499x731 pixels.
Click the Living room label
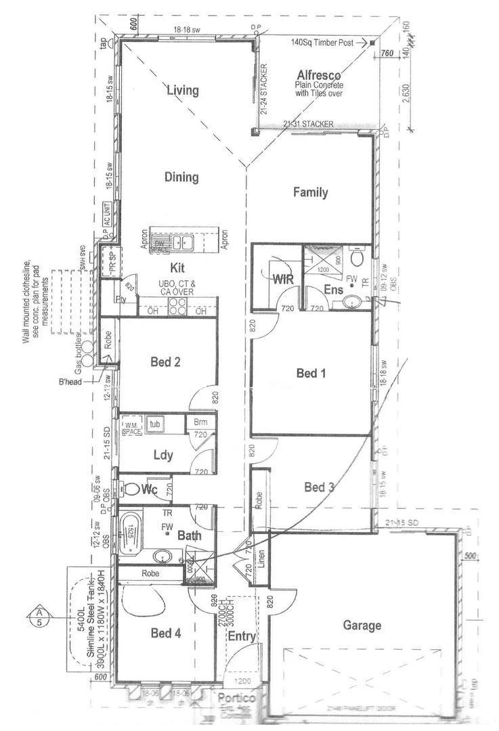pos(183,90)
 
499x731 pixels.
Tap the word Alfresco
pos(318,75)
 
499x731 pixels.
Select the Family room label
pos(310,192)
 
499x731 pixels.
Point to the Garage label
pos(362,625)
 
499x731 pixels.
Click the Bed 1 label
pos(311,372)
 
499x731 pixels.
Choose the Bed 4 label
pos(165,633)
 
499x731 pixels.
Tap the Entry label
pos(241,636)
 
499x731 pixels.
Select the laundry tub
pos(156,424)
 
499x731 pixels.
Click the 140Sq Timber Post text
pos(322,42)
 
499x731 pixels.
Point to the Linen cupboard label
pos(261,560)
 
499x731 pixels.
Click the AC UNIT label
pos(106,214)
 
